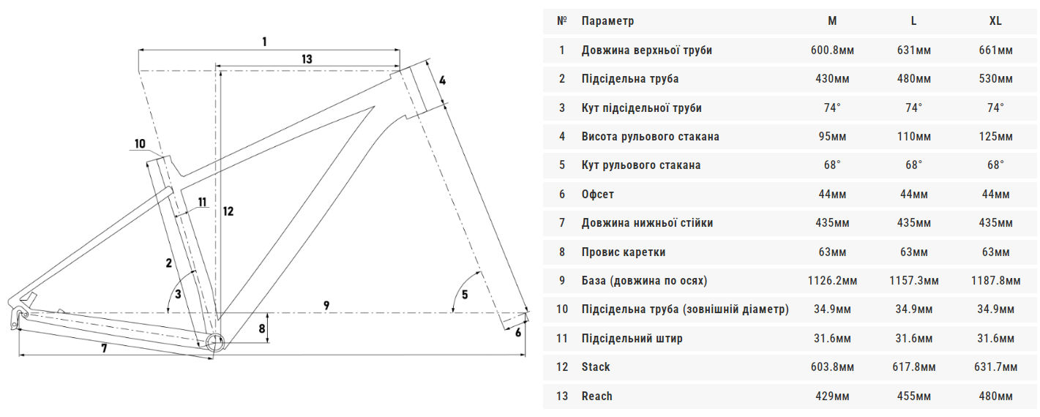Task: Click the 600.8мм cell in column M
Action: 832,50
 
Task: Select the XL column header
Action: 995,21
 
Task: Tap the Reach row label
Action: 596,396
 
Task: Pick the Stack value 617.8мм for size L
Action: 913,367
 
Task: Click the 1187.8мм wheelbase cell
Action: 995,281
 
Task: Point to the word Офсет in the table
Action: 597,195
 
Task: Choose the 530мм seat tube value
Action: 995,79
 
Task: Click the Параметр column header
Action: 607,21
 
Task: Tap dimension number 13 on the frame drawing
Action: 307,59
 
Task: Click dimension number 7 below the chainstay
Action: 104,348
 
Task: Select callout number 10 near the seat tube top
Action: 140,144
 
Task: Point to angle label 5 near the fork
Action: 465,295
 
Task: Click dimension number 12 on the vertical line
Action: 228,211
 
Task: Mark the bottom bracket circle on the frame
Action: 214,343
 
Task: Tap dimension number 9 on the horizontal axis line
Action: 326,306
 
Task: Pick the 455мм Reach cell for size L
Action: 913,396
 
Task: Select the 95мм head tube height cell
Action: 832,137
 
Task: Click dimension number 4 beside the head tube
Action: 443,80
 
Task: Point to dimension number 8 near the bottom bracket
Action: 262,329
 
